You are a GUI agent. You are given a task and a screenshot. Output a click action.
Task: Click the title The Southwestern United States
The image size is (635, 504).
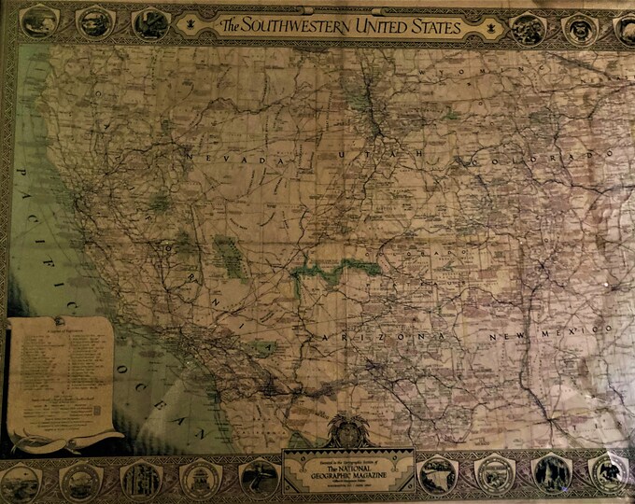tap(341, 27)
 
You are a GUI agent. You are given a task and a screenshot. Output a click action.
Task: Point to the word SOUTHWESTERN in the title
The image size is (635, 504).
tap(289, 27)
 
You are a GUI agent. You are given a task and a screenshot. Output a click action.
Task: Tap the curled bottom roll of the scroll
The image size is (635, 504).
tap(65, 439)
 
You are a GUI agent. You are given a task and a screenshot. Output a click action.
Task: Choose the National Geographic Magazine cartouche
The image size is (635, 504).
tap(347, 469)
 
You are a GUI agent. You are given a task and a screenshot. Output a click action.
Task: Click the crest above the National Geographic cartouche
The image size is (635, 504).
tap(347, 430)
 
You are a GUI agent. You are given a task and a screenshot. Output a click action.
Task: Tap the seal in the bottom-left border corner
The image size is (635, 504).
tap(21, 482)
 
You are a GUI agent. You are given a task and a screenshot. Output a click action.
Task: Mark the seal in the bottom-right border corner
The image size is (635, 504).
tap(609, 473)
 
